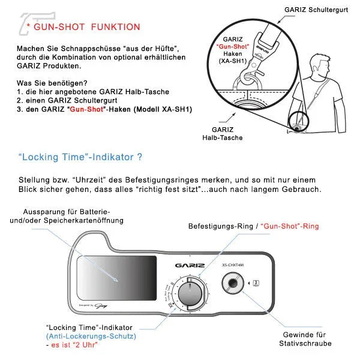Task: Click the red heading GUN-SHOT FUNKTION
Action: tap(86, 27)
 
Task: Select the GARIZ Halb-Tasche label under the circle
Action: tap(227, 133)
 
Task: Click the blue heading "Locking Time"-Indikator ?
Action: tap(80, 157)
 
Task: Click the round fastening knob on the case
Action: tap(192, 292)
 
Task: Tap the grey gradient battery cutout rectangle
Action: tap(117, 278)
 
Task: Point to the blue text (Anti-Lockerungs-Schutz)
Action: tap(91, 336)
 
